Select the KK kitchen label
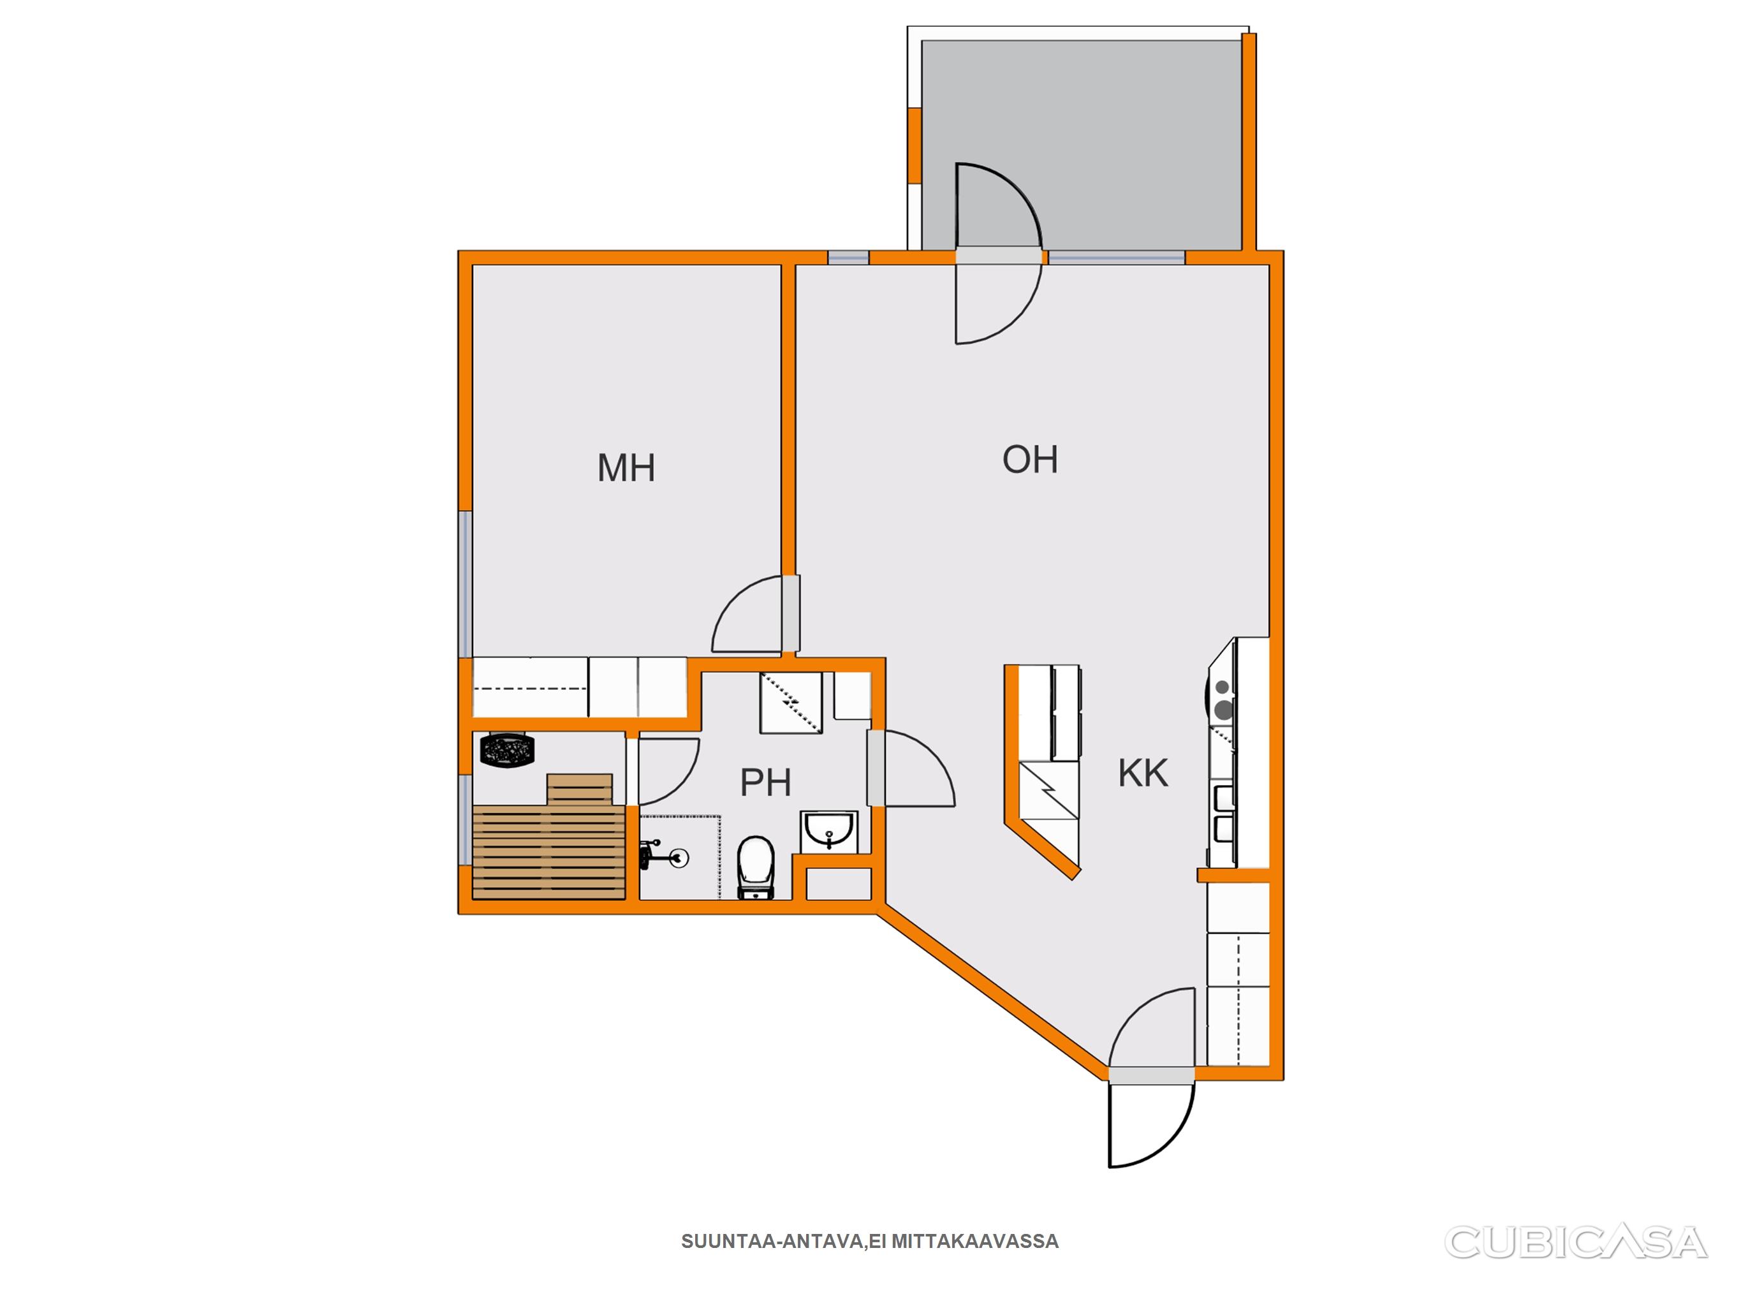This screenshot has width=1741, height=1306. point(1143,773)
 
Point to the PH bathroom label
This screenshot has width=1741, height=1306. point(765,782)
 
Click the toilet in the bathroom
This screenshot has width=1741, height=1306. point(756,867)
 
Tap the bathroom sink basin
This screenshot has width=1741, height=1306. point(830,830)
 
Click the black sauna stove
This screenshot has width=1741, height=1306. point(508,749)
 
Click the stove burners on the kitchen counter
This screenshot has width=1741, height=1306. point(1223,699)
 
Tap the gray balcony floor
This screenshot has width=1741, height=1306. point(1082,144)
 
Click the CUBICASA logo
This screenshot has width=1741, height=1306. point(1576,1242)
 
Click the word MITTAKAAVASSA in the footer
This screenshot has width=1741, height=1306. point(975,1242)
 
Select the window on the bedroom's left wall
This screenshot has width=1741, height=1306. point(465,583)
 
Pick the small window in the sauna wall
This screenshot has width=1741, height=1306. point(465,820)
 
